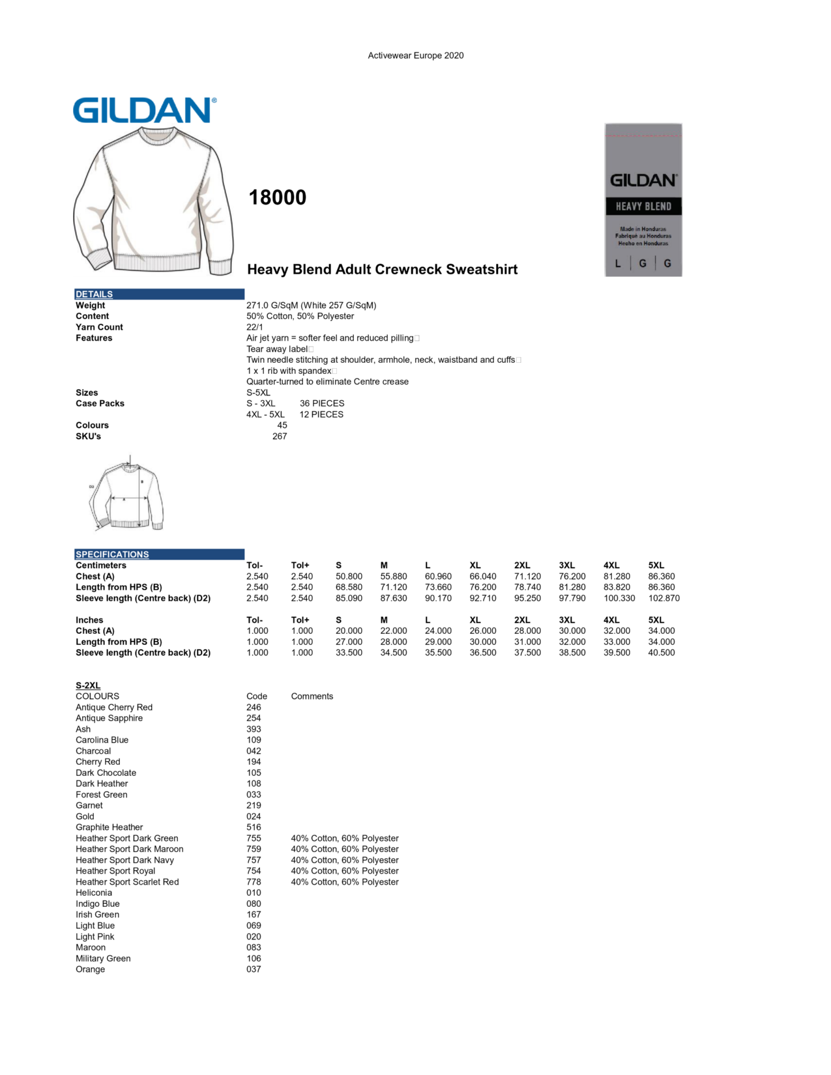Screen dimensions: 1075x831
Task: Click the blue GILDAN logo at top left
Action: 144,111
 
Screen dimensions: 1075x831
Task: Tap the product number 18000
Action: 277,197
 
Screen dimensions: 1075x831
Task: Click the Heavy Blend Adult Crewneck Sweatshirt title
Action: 382,270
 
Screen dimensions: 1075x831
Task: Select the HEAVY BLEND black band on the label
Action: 643,207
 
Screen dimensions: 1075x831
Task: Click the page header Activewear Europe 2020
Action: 415,55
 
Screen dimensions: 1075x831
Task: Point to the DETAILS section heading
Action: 94,294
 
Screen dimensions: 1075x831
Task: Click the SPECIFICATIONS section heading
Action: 112,554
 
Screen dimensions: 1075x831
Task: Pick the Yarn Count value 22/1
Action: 255,327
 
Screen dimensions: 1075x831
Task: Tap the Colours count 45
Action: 282,425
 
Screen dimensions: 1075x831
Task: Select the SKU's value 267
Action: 280,437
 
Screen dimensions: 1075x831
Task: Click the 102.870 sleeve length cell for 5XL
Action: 663,598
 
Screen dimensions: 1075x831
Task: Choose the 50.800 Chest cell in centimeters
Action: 349,577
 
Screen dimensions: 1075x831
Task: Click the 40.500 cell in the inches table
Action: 661,653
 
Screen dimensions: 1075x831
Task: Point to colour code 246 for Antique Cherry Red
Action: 254,708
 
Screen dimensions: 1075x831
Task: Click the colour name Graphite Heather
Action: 109,827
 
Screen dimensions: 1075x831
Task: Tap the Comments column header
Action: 312,696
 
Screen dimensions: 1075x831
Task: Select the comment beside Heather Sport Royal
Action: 344,871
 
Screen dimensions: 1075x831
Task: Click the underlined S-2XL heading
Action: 88,685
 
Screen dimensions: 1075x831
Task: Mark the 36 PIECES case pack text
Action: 322,403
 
